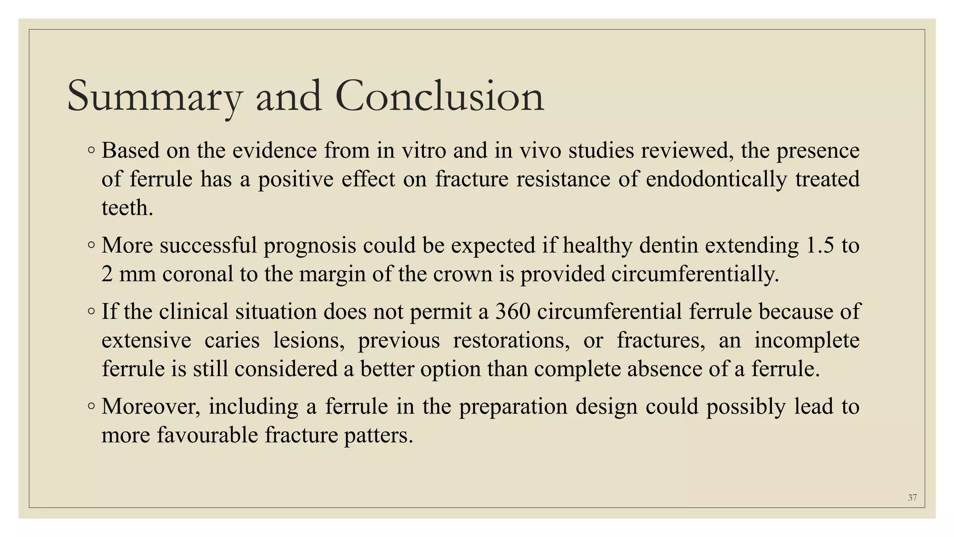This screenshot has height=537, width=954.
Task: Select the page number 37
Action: tap(912, 497)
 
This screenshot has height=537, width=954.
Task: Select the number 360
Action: tap(513, 311)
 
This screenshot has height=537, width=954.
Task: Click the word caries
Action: tap(232, 340)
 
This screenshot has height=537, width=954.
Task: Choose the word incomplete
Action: tap(807, 340)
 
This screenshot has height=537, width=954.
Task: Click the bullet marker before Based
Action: tap(91, 150)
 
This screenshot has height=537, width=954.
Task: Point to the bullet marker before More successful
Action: tap(91, 245)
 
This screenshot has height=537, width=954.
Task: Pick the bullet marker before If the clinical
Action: tap(91, 311)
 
